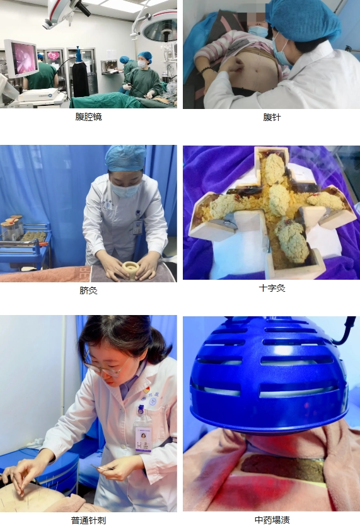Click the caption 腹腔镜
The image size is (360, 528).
point(88,117)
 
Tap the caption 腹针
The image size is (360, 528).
point(272,117)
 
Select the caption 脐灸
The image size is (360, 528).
point(88,290)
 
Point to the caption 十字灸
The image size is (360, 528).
point(272,288)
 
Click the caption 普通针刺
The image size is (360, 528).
point(88,520)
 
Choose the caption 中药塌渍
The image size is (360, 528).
point(272,520)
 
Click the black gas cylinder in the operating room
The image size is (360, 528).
point(81,76)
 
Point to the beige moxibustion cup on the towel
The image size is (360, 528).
point(131,270)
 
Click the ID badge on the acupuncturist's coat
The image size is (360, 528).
point(143,438)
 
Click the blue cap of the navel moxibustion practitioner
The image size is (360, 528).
point(125,158)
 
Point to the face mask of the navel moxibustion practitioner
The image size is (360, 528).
point(125,190)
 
